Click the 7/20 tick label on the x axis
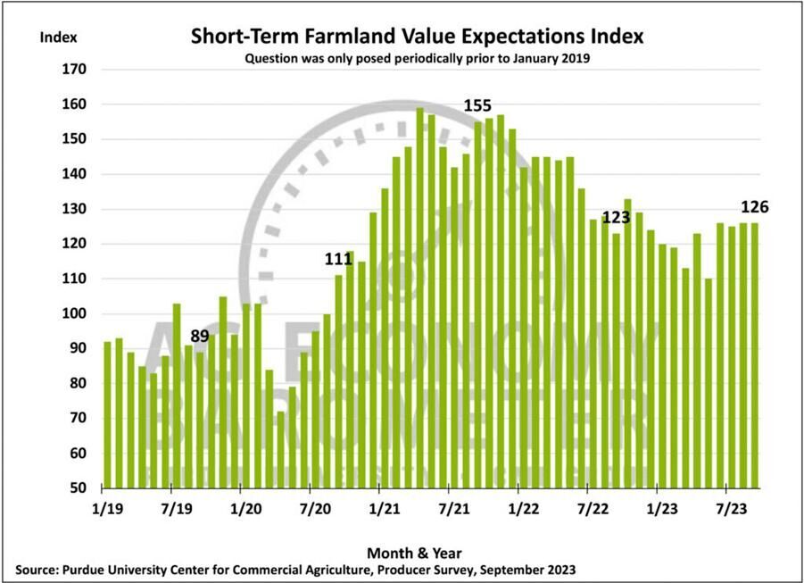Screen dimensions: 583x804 pos(310,508)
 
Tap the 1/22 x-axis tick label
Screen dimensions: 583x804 pos(518,508)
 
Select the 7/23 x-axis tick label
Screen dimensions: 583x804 pos(726,508)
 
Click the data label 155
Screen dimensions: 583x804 pos(477,106)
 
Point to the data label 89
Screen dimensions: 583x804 pos(200,336)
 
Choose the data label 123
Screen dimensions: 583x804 pos(617,217)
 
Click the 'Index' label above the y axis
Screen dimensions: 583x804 pos(58,37)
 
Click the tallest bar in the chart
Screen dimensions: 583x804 pos(419,298)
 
